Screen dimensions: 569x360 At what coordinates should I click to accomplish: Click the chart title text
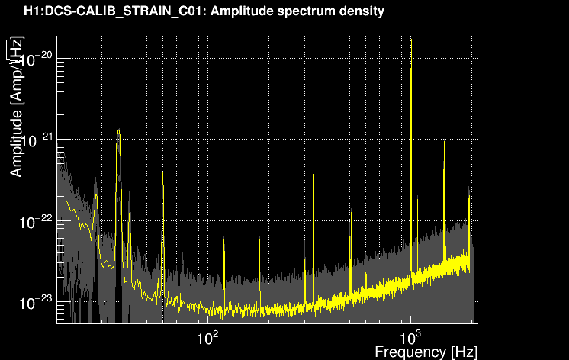(204, 11)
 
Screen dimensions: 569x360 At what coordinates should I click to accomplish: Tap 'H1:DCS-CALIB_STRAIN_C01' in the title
(114, 11)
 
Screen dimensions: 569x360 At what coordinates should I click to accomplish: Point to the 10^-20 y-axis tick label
(36, 59)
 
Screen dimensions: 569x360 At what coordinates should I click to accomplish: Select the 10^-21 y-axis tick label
(36, 140)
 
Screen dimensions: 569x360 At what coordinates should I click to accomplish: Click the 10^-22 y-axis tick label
(36, 221)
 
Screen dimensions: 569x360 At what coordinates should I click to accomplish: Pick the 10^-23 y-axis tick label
(36, 302)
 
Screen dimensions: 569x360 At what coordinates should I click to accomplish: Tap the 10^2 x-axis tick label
(207, 338)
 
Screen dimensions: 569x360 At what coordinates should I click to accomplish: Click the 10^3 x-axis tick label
(410, 338)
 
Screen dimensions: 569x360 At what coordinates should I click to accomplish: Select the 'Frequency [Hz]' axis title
(426, 352)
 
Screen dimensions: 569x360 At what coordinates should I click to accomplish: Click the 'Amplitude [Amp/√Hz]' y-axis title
(16, 107)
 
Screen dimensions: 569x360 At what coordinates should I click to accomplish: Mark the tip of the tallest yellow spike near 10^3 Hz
(411, 39)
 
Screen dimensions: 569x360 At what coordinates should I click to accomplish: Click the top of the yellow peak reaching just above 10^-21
(118, 130)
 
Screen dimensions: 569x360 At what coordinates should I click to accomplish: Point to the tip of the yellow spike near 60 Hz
(163, 173)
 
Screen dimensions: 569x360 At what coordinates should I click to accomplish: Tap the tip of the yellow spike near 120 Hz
(224, 237)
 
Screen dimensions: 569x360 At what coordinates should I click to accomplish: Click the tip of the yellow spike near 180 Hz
(259, 238)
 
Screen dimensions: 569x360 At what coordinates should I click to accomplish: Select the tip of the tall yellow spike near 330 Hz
(313, 175)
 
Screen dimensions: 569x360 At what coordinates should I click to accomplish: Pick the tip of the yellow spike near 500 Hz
(351, 210)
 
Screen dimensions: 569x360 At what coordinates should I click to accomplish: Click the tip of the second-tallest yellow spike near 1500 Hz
(445, 69)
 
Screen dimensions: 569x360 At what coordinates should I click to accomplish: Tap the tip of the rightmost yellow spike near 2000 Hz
(468, 188)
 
